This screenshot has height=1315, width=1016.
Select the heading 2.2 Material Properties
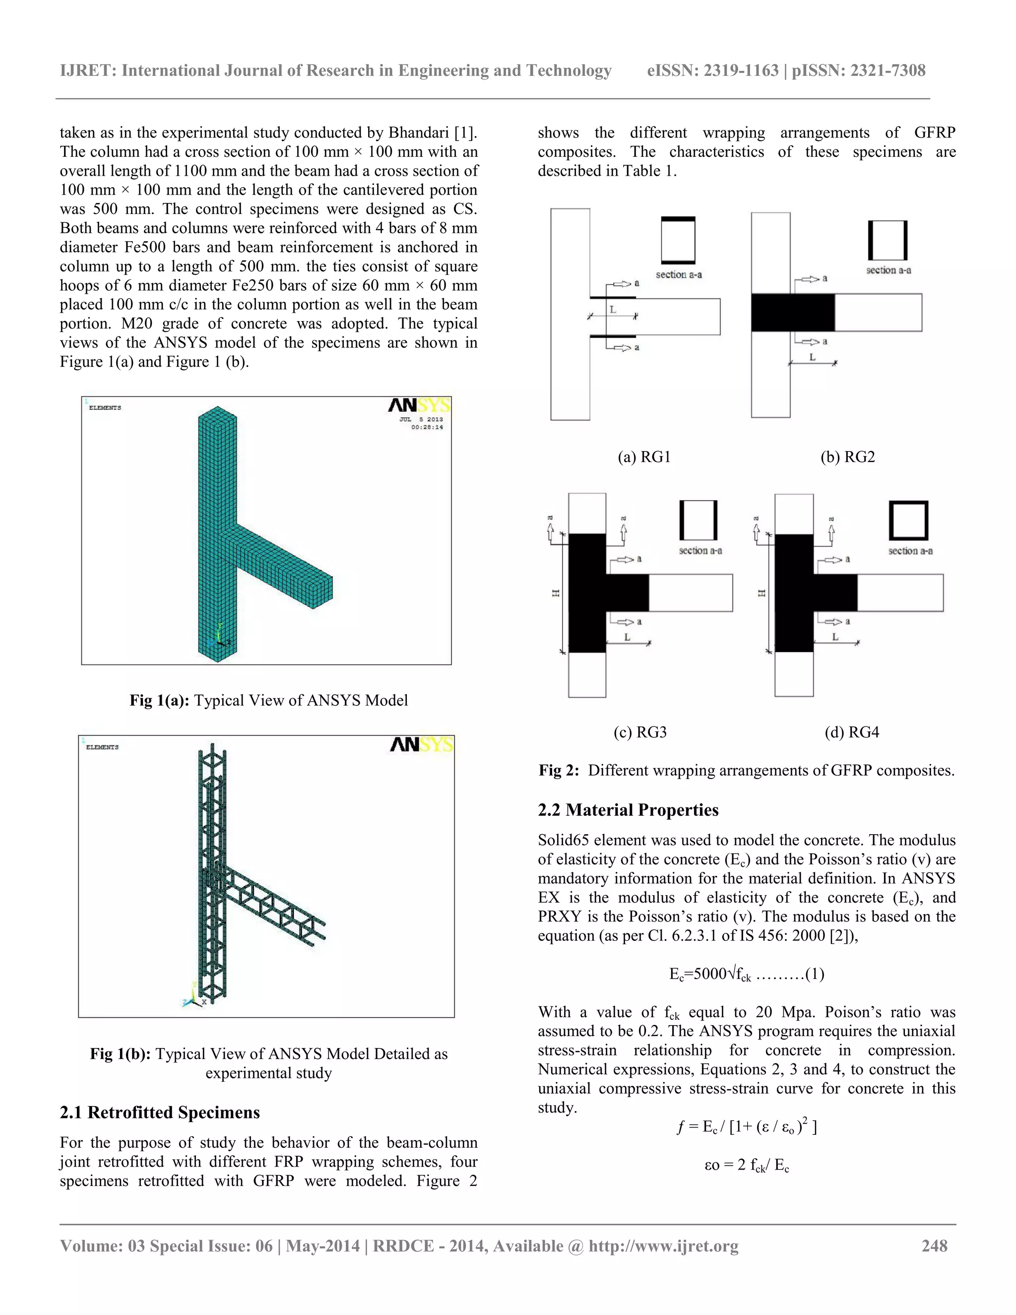[628, 810]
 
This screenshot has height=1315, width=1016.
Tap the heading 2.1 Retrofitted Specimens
[160, 1112]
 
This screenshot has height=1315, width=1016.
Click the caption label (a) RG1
[644, 457]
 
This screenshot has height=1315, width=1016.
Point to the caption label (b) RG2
[847, 457]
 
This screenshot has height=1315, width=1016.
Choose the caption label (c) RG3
[640, 732]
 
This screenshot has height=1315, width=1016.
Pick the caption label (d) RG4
[852, 732]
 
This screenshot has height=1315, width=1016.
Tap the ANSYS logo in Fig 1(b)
[421, 745]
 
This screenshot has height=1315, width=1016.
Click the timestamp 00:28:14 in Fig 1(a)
[427, 427]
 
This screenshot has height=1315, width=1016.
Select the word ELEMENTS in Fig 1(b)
[102, 747]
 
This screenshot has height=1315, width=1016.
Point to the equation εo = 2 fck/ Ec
[746, 1165]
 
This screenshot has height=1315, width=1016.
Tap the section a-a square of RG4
[908, 520]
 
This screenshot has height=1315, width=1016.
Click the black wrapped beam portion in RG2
[793, 312]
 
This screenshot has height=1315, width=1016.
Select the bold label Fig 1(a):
[160, 700]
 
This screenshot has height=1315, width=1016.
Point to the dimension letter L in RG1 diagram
[613, 310]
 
